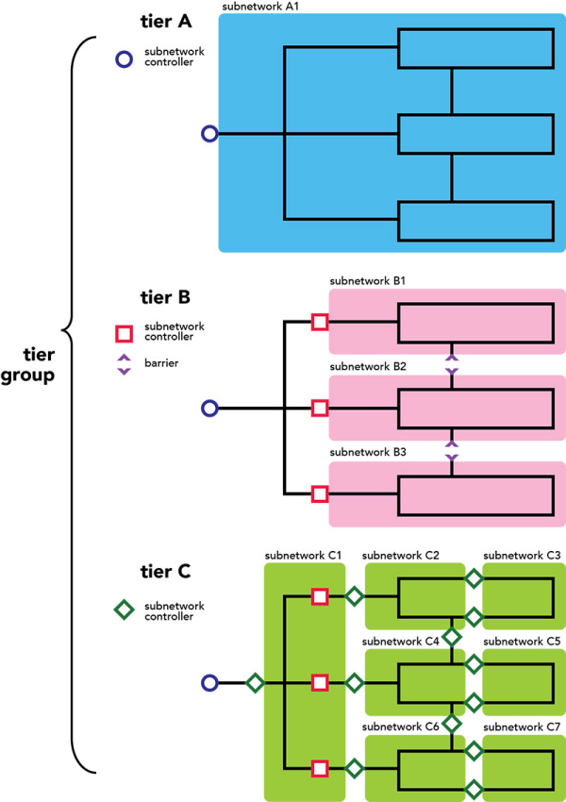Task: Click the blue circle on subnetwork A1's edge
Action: pos(210,134)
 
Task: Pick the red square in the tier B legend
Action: pos(124,332)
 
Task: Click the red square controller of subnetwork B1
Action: pos(320,323)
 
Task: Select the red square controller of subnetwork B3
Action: pos(320,493)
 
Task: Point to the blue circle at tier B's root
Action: pos(210,409)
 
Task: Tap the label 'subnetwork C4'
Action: pos(401,642)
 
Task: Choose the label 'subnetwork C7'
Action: pos(522,727)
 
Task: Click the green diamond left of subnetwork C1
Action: pos(254,682)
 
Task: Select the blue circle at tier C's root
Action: pos(210,682)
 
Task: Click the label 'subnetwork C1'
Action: pos(303,556)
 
